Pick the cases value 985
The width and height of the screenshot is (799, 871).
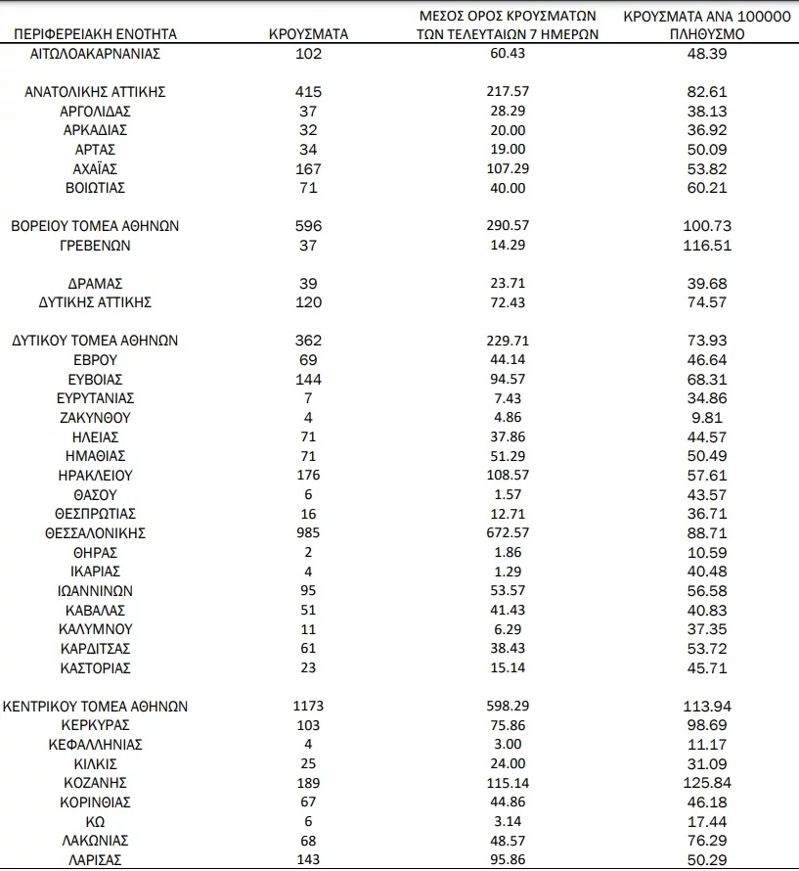[308, 533]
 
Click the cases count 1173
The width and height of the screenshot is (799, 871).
[308, 707]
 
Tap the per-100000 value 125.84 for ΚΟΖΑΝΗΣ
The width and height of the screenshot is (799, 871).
[708, 783]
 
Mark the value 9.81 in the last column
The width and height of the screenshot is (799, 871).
[708, 418]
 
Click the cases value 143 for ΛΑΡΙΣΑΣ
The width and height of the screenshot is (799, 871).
[308, 859]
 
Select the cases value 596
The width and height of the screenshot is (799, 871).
[308, 226]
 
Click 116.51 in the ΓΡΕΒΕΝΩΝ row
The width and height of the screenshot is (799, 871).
[708, 246]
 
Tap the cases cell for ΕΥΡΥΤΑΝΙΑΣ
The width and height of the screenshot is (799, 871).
[308, 398]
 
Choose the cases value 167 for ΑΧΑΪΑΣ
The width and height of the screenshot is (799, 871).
[308, 168]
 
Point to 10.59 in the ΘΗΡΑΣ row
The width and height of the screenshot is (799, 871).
[708, 553]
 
